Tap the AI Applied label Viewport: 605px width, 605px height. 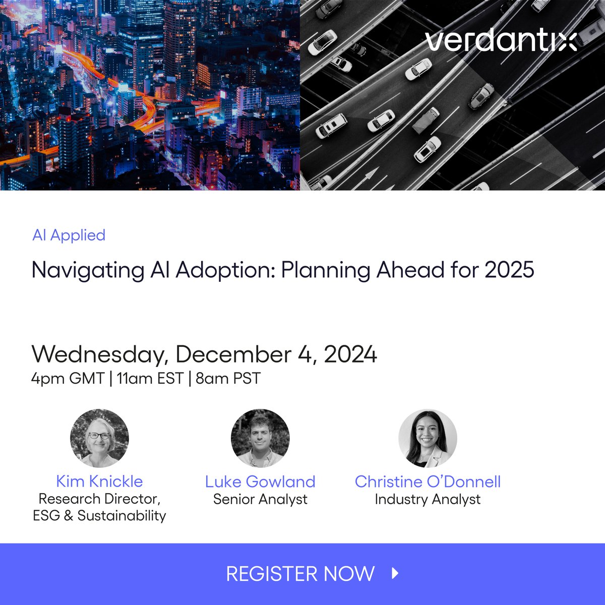69,235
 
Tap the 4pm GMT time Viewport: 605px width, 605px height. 68,378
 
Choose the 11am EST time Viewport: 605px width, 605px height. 149,378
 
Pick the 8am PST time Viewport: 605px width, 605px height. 228,378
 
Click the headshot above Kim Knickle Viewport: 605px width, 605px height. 99,438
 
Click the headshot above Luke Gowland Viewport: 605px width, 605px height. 260,438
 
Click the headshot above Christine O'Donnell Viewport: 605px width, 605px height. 428,438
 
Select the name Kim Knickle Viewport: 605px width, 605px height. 99,481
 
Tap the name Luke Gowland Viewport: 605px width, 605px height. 260,481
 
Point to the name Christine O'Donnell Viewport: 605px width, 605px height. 428,481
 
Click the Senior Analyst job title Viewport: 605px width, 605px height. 260,499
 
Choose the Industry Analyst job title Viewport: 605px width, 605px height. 428,499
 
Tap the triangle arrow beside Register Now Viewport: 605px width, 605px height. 395,573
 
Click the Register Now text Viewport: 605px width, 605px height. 300,574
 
